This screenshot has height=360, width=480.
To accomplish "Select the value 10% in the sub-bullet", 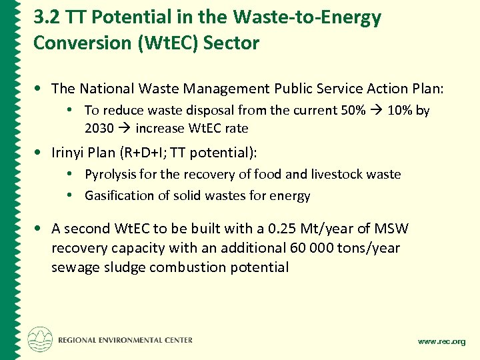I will (399, 111).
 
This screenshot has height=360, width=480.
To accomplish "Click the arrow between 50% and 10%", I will (375, 111).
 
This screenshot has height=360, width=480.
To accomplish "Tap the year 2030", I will (99, 128).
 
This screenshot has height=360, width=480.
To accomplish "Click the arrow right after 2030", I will (124, 128).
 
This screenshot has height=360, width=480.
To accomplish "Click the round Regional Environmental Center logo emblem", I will (40, 339).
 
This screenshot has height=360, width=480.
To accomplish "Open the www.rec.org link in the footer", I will (441, 341).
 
